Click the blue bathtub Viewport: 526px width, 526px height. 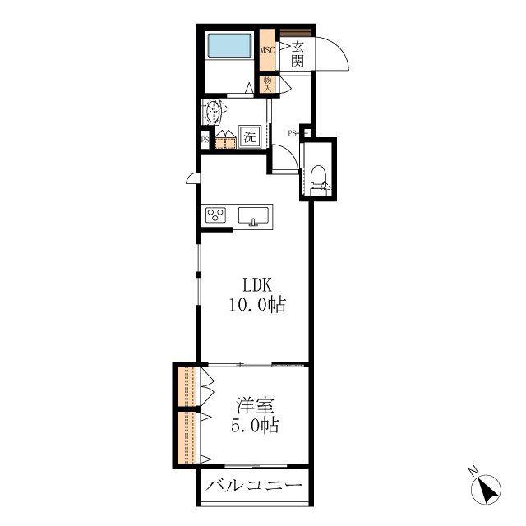tap(230, 45)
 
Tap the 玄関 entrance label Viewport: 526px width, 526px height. tap(298, 53)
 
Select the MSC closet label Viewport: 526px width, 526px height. tap(267, 50)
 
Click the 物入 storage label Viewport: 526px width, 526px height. tap(267, 85)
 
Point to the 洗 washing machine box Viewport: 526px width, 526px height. tap(250, 136)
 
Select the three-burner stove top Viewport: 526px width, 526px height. tap(215, 215)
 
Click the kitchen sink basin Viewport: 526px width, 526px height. tap(253, 215)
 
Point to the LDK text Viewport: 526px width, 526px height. tap(257, 285)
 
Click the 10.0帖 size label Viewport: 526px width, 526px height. tap(257, 305)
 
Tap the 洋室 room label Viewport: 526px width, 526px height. tap(256, 405)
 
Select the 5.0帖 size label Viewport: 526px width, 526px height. tap(255, 426)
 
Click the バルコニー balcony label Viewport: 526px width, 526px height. tap(254, 486)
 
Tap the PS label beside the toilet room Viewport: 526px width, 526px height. tap(292, 133)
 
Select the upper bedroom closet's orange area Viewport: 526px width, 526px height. tap(187, 387)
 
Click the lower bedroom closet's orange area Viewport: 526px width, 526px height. tap(187, 437)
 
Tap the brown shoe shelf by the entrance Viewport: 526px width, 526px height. tap(295, 33)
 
